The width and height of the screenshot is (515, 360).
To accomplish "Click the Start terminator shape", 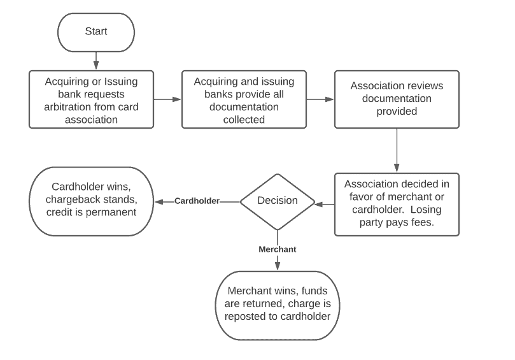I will pos(95,32).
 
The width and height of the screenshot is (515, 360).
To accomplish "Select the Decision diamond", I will pos(277,201).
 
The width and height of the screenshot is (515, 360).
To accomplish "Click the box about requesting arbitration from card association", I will pos(91,99).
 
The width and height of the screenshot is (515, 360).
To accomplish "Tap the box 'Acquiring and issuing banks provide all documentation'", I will pos(244,99).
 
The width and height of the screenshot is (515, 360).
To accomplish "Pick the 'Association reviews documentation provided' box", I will pos(397,99).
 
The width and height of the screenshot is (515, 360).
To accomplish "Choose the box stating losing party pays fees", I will pos(397,204).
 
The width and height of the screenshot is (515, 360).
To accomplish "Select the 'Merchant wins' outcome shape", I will pos(277,305).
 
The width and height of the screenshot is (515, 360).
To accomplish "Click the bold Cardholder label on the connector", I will pos(197,201).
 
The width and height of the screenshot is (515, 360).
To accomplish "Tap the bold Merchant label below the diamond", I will pos(277,249).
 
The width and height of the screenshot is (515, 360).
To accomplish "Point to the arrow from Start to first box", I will pos(95,61).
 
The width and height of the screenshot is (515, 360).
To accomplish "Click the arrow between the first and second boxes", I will pos(167,99).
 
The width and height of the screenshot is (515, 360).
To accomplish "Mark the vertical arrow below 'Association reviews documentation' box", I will pos(397,150).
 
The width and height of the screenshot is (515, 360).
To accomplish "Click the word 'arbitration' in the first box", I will pos(71,106).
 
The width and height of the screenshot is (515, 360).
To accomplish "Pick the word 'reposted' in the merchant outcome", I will pos(246,317).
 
